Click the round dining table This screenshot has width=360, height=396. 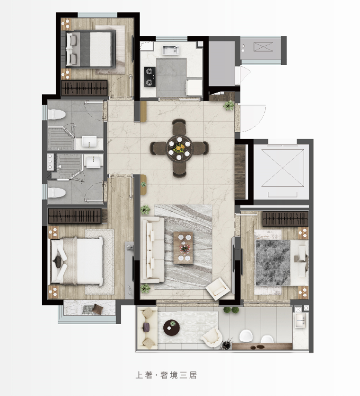click(179, 148)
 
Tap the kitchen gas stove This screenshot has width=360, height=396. click(149, 77)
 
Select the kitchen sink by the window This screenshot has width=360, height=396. click(171, 50)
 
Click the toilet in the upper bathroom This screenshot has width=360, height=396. click(56, 114)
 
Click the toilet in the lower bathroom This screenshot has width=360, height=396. click(56, 192)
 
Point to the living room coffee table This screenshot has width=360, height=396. click(183, 248)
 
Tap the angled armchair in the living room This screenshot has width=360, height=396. click(218, 289)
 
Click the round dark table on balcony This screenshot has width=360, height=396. click(171, 328)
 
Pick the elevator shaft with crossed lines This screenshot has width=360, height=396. click(282, 168)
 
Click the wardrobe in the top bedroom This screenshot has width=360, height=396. click(84, 88)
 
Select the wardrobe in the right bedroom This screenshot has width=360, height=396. click(285, 219)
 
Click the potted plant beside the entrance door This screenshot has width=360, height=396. click(229, 105)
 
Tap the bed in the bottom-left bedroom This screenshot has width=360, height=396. click(77, 261)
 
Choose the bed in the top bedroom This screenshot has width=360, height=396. click(90, 49)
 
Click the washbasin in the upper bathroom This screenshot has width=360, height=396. click(89, 141)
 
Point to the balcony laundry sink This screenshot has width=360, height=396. click(300, 320)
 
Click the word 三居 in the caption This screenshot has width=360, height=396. click(188, 375)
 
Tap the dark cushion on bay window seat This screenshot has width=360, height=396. click(97, 309)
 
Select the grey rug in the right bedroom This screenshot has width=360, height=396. click(273, 263)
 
